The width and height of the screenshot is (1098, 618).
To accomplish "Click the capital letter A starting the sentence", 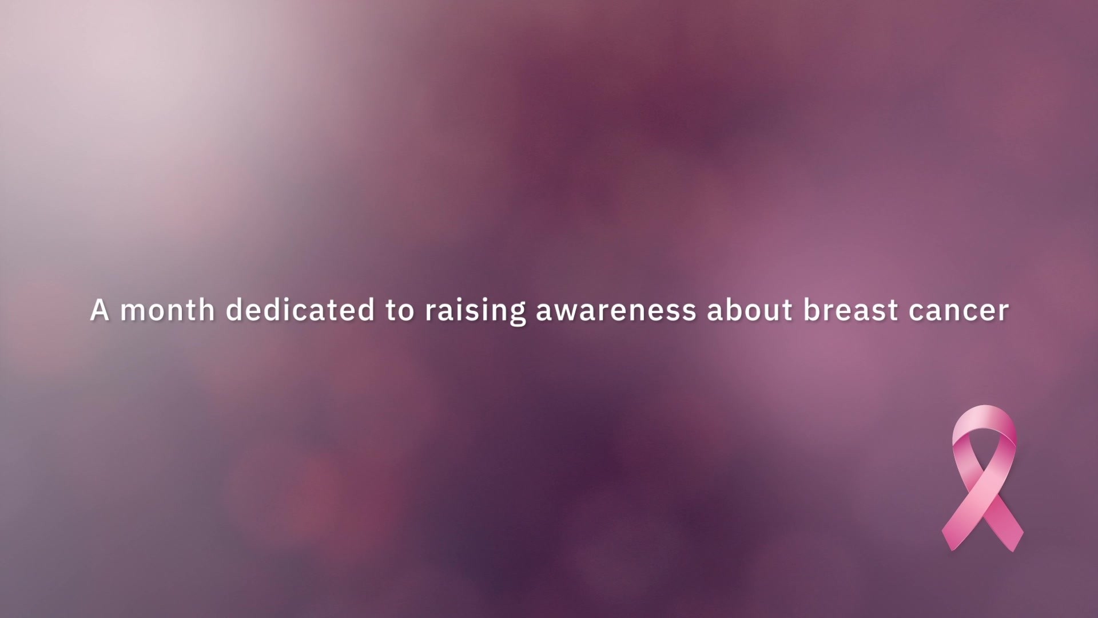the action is pyautogui.click(x=100, y=310).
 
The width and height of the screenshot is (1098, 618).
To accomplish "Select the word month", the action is pyautogui.click(x=168, y=310).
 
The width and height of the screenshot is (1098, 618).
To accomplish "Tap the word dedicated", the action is pyautogui.click(x=300, y=310).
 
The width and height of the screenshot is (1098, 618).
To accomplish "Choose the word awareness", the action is pyautogui.click(x=616, y=312).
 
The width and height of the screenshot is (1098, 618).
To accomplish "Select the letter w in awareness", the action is pyautogui.click(x=566, y=312).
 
